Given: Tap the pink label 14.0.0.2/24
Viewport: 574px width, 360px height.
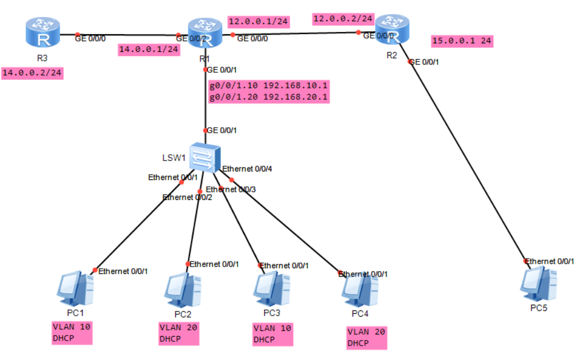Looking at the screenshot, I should point(32,73).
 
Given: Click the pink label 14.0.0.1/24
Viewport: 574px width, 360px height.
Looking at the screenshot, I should point(149,50).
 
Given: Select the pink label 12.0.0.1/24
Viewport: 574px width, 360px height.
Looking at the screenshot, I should point(258,22).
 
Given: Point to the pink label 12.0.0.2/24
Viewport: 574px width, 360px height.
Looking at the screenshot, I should point(343,19).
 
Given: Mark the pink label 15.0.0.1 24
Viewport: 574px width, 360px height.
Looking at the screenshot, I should point(462,40).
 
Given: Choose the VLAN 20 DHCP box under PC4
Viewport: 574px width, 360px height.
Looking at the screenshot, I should point(367,338).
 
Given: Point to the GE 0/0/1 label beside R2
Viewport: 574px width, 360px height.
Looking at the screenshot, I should point(425,62).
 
